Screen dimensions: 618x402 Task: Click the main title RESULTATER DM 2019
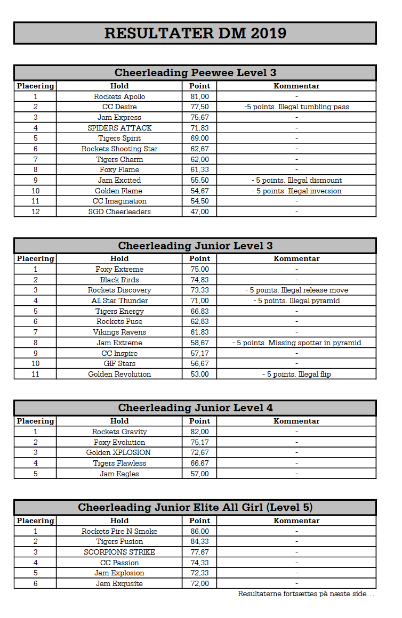click(195, 33)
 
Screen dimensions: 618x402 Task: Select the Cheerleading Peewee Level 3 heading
click(195, 72)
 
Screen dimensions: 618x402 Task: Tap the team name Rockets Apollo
click(119, 96)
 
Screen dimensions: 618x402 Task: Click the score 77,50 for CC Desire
click(200, 107)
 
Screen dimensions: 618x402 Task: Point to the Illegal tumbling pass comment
click(296, 107)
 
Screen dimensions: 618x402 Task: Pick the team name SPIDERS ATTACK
click(119, 128)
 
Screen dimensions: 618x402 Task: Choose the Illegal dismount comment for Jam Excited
click(296, 180)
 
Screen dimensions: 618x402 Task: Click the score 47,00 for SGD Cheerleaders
click(200, 212)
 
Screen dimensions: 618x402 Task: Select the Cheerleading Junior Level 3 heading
click(195, 246)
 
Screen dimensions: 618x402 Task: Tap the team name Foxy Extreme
click(119, 269)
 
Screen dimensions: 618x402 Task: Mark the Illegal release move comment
click(296, 290)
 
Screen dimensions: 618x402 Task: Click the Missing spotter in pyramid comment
click(296, 343)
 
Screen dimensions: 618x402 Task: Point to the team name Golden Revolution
click(119, 374)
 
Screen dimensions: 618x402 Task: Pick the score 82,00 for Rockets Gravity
click(200, 432)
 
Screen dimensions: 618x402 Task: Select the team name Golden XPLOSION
click(119, 452)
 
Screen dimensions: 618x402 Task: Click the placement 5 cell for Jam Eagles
click(35, 474)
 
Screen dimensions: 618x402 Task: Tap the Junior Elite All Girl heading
click(195, 507)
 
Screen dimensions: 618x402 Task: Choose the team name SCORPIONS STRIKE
click(119, 552)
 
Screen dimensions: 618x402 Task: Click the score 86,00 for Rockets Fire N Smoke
click(200, 531)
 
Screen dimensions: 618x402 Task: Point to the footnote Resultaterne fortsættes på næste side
click(306, 593)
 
